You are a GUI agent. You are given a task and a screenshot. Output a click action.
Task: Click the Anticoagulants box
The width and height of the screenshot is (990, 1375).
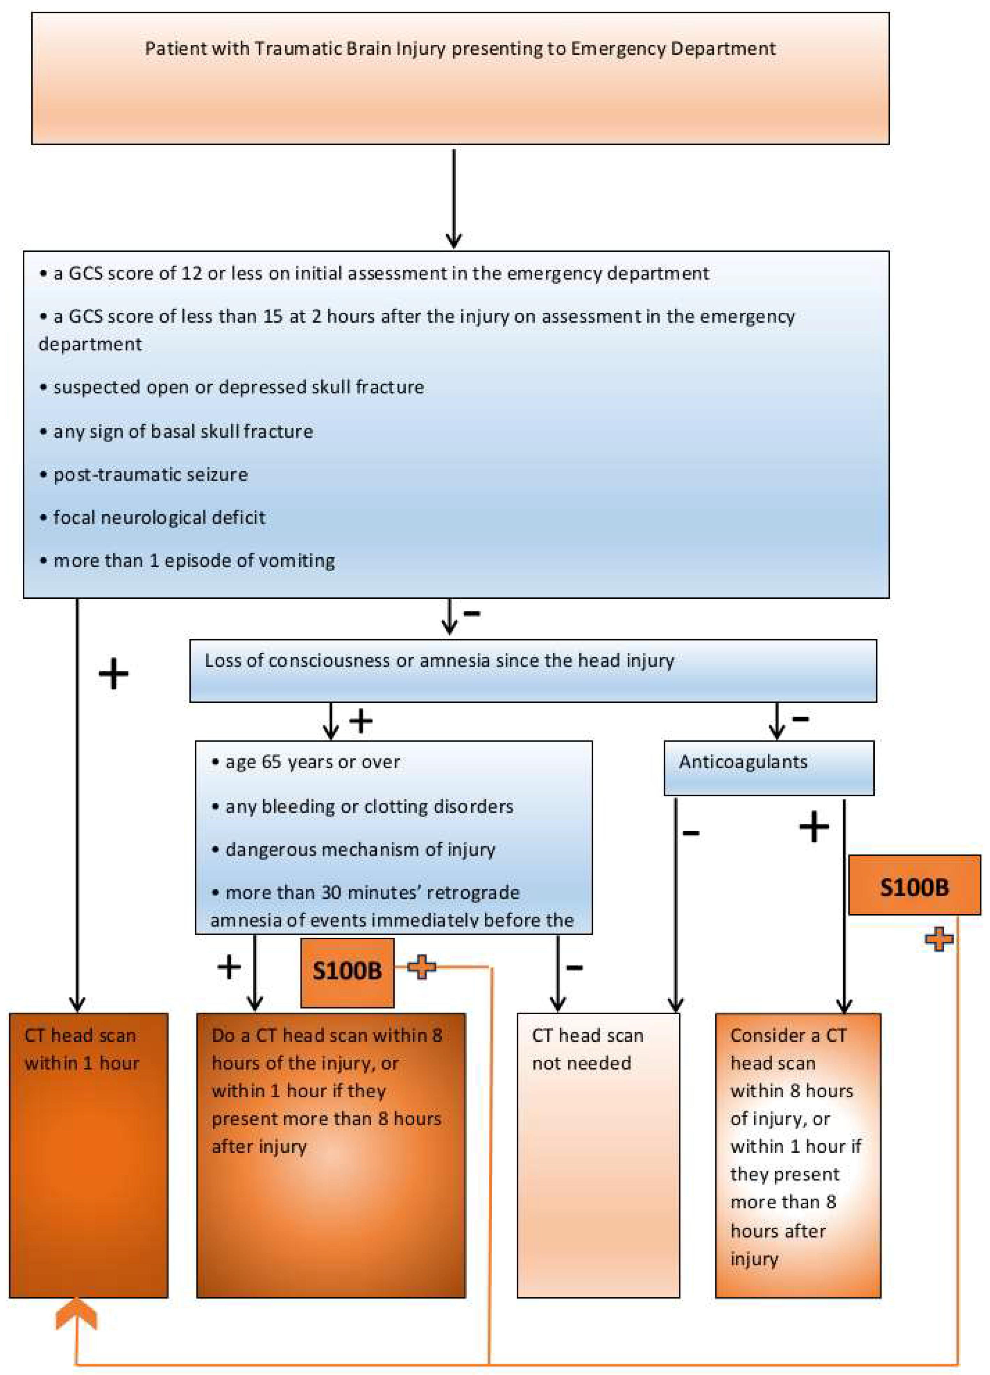click(x=768, y=767)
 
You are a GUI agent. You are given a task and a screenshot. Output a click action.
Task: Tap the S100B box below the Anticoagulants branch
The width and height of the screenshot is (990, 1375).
click(x=914, y=887)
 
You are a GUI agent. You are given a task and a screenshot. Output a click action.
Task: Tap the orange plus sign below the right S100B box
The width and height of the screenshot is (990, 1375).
click(x=939, y=939)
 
